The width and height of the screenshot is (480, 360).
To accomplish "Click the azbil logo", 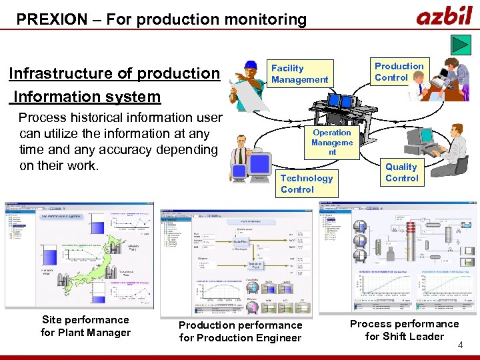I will tap(443, 15).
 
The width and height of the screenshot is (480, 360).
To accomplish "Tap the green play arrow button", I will tap(461, 44).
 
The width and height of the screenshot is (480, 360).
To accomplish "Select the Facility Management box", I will tap(299, 74).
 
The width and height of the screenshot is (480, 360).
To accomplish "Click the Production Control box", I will tap(399, 72).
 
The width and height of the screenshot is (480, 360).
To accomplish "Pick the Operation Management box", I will tap(331, 142).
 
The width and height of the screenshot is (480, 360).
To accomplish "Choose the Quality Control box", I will tap(401, 173).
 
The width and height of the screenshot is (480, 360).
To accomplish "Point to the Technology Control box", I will tap(307, 183).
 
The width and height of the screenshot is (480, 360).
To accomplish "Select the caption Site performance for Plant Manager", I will tap(85, 326).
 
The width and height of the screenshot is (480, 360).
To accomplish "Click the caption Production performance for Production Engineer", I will tap(240, 331).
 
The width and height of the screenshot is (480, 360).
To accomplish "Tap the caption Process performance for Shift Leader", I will tap(404, 330).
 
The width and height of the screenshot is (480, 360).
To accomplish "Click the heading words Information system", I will tap(87, 97).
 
